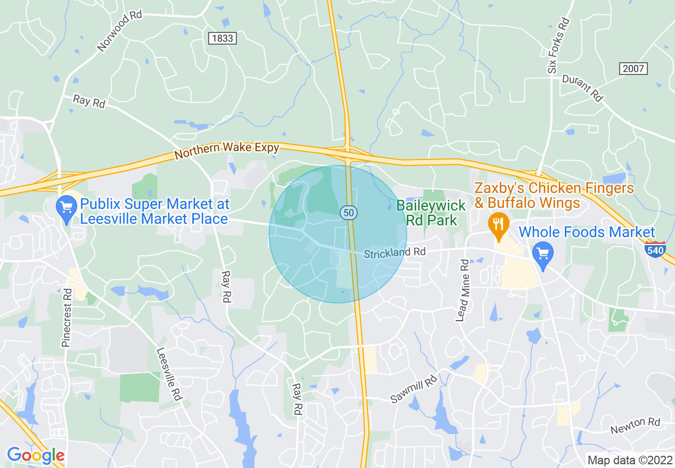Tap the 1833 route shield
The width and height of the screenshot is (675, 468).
[x=222, y=38]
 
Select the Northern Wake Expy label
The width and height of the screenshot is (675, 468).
[x=227, y=151]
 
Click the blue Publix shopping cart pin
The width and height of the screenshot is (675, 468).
[x=67, y=208]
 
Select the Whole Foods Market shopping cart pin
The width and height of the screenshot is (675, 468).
[x=542, y=254]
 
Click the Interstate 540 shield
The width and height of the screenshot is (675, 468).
[x=654, y=249]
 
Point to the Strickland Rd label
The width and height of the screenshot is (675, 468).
[x=395, y=252]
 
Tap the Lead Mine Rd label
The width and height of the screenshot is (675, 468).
[x=462, y=290]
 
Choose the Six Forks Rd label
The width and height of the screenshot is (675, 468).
[x=558, y=46]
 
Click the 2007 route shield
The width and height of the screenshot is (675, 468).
[x=633, y=68]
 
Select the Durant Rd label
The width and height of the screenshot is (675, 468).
[x=583, y=87]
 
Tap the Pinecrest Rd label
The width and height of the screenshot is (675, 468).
[x=67, y=317]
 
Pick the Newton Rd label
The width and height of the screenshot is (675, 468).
[x=635, y=425]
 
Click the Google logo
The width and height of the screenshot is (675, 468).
[x=36, y=455]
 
